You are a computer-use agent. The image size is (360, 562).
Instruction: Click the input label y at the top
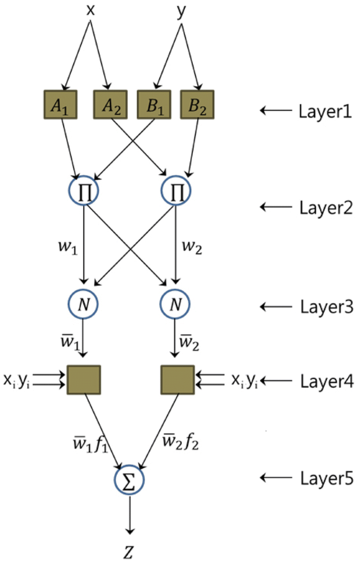click(x=182, y=12)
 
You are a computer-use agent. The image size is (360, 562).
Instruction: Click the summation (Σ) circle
click(x=129, y=480)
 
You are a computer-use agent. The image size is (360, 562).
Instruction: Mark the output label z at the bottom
click(x=129, y=547)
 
